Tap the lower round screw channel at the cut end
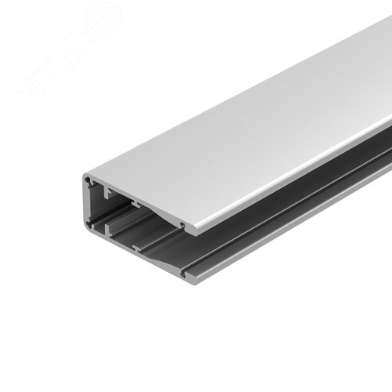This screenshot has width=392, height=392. pos(92,230)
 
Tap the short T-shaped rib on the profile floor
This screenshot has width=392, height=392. pos(140,249)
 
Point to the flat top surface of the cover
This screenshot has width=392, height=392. pos(251,125)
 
